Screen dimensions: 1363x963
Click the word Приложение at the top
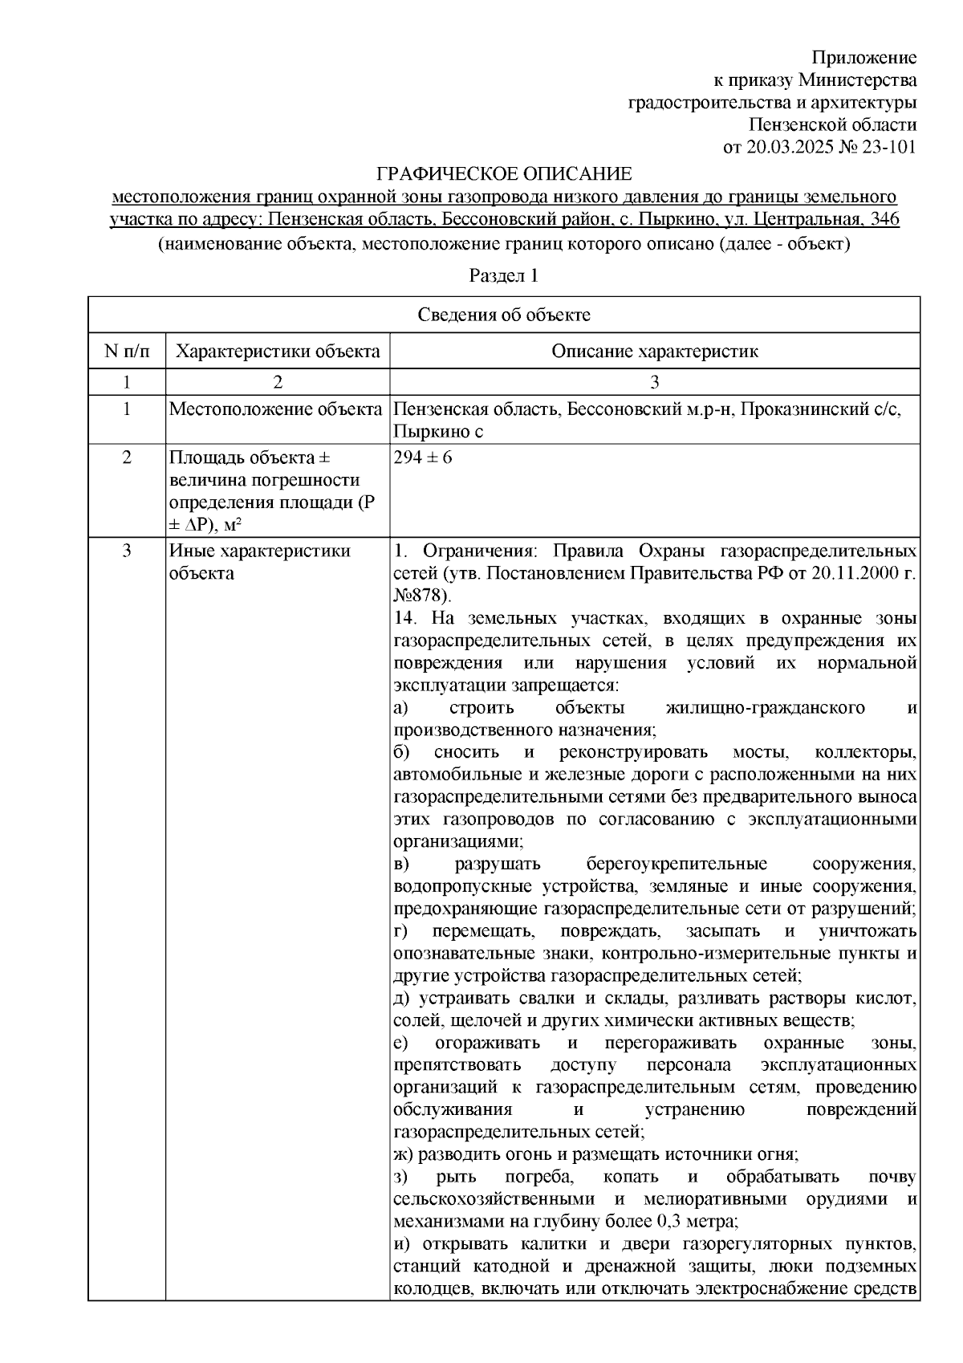click(x=863, y=58)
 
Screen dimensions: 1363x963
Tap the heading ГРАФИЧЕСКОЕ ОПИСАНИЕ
click(x=504, y=174)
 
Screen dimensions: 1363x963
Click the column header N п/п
click(x=126, y=352)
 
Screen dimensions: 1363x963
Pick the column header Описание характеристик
click(x=654, y=352)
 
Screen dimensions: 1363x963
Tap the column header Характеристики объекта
click(x=278, y=352)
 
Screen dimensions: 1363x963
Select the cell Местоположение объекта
click(x=275, y=410)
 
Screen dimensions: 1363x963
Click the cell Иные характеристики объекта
click(x=259, y=562)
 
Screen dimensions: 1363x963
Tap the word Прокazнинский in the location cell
click(x=802, y=410)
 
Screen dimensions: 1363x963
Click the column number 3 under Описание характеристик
click(x=654, y=382)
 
